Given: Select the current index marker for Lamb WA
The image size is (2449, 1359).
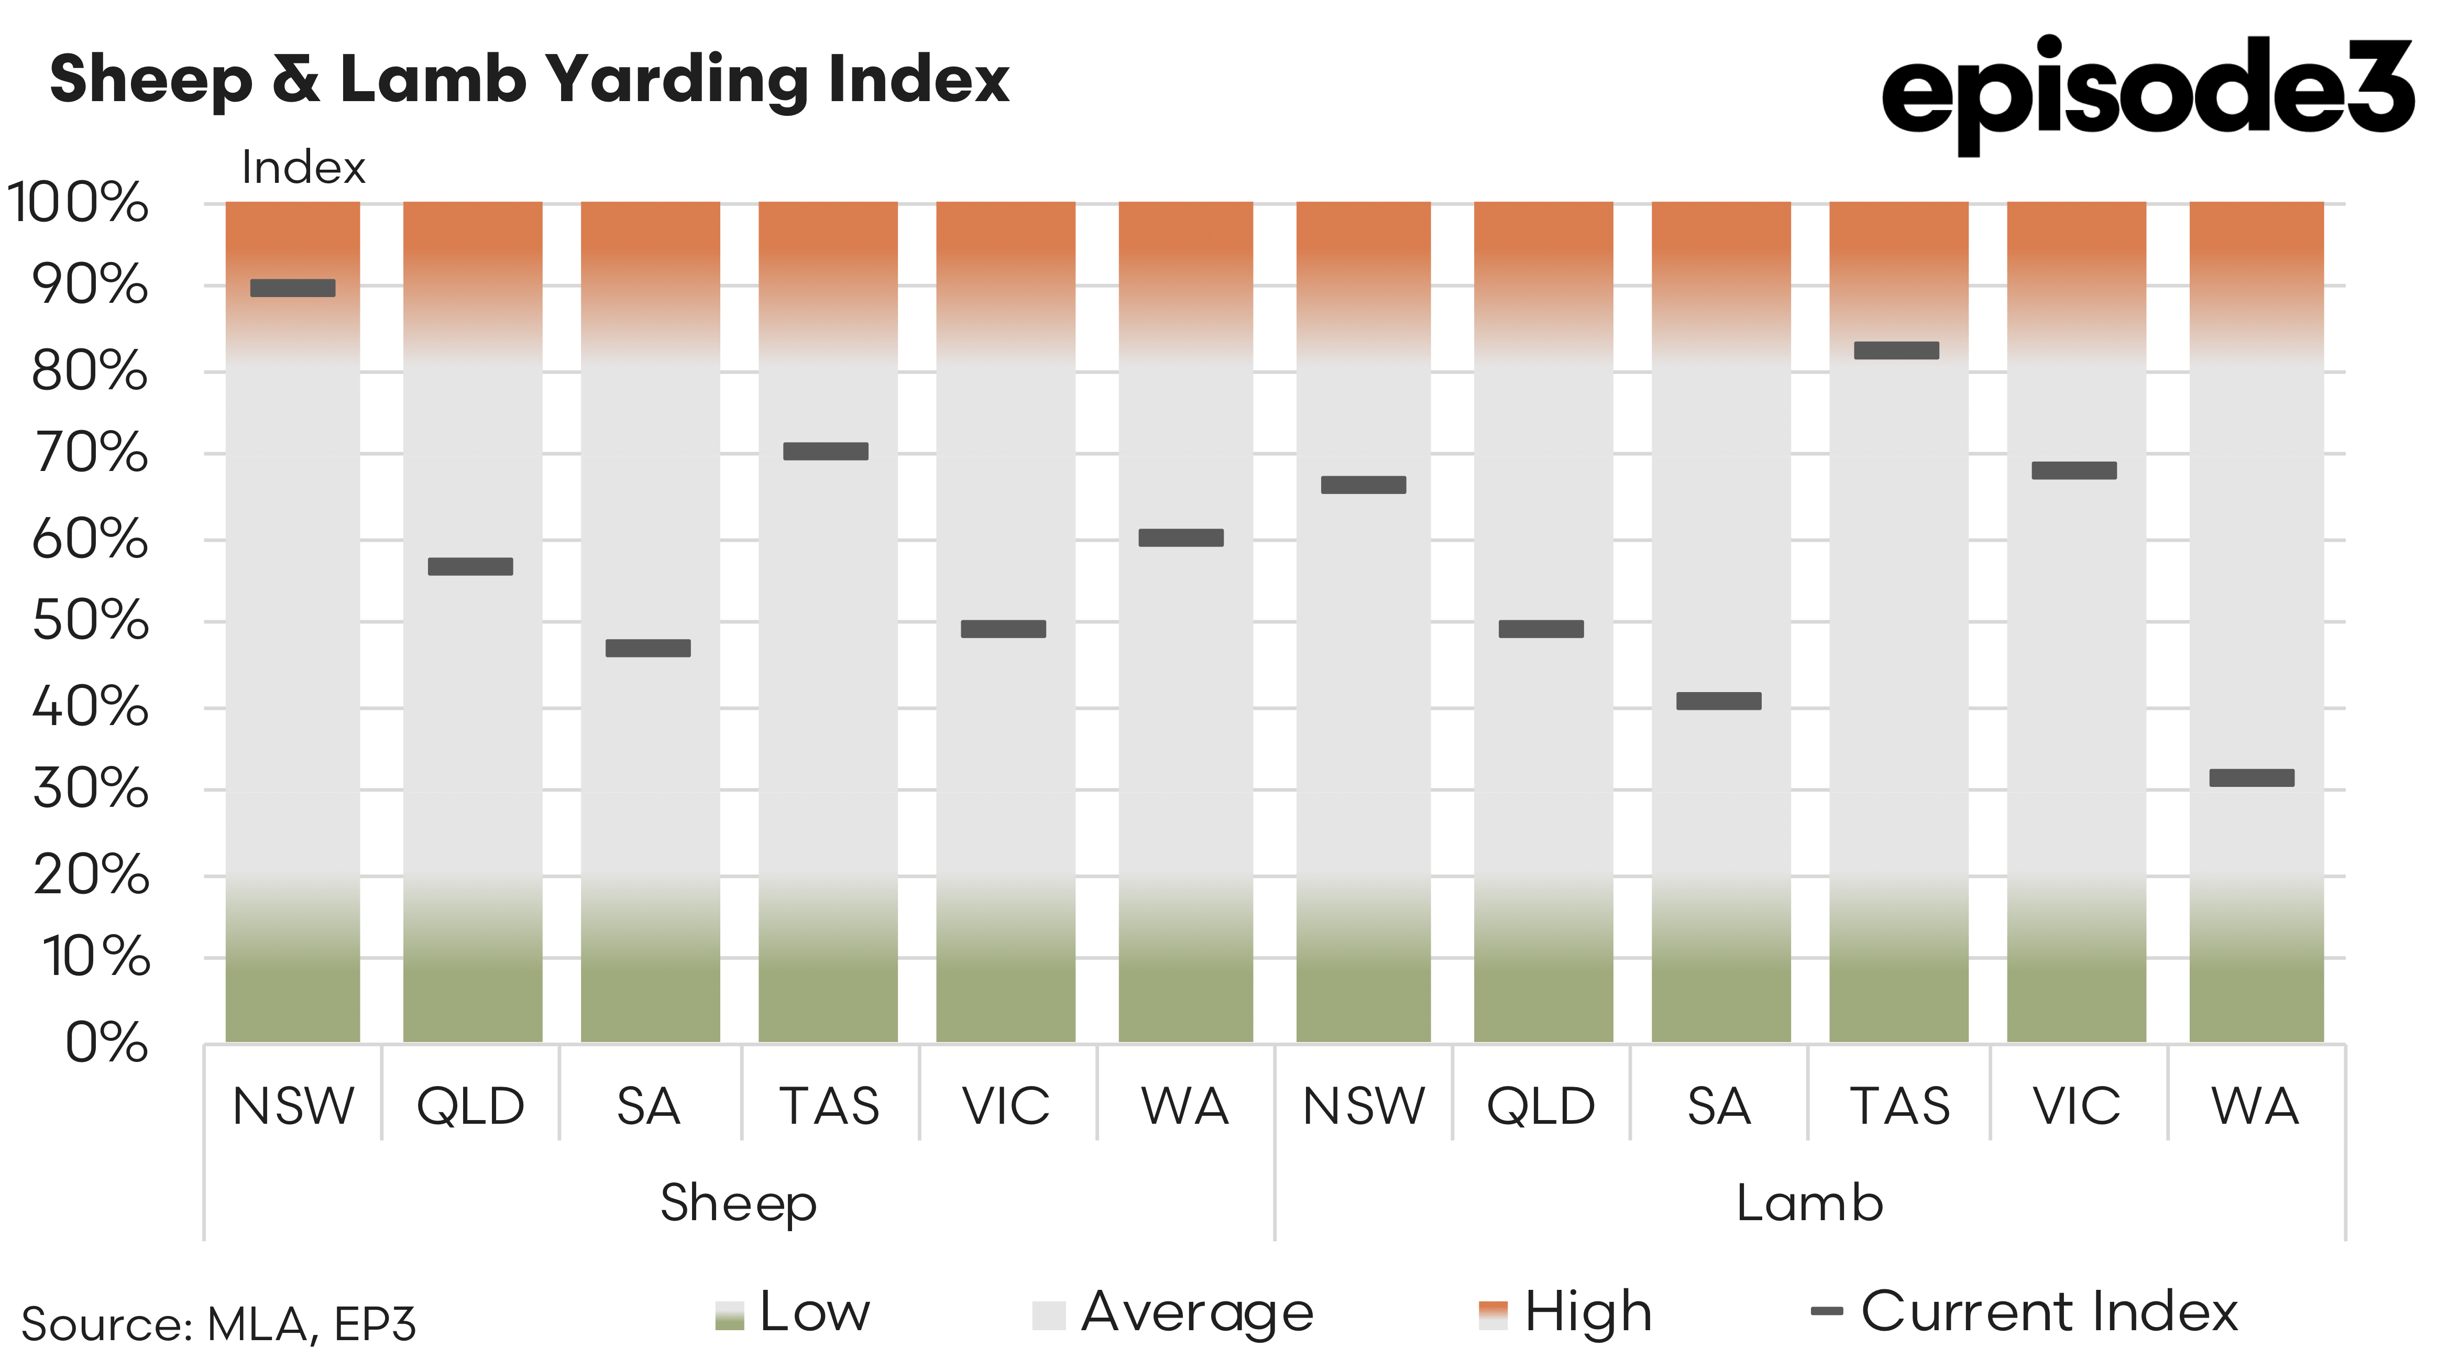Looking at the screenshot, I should (x=2252, y=778).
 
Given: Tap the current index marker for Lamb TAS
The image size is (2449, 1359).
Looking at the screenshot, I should (x=1897, y=350).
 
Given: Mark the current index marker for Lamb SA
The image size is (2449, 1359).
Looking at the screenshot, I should (x=1719, y=701).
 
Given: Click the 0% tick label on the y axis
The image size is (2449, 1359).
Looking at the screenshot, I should (x=106, y=1043).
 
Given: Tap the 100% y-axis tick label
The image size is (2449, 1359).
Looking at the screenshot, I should (x=78, y=203).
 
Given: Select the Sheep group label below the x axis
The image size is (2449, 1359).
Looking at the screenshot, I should (x=739, y=1203).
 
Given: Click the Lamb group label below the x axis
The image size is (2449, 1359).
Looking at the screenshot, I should (x=1809, y=1203).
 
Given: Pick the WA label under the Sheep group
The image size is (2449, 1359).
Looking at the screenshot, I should (x=1184, y=1106).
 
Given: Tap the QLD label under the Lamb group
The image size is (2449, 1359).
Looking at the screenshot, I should (x=1541, y=1106).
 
